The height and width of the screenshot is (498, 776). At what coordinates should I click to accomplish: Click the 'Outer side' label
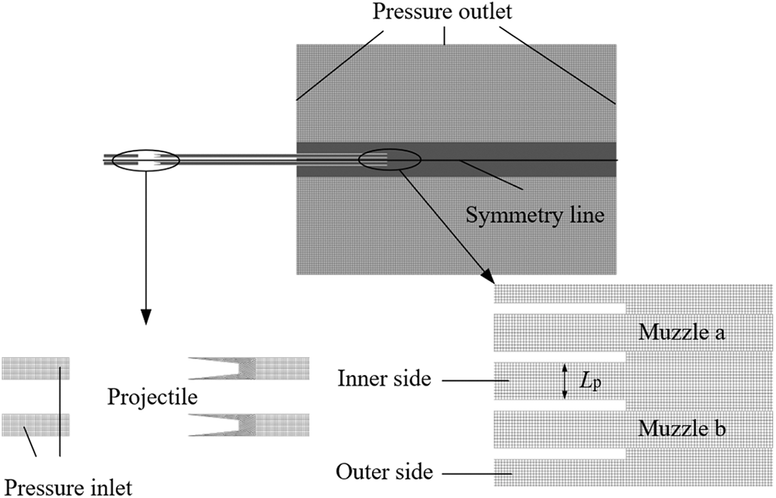385,472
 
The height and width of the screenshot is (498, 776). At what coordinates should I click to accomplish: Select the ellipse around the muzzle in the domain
390,159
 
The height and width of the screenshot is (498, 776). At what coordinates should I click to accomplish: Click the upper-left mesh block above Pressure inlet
35,368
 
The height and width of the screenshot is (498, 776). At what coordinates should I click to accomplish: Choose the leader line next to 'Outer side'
468,473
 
